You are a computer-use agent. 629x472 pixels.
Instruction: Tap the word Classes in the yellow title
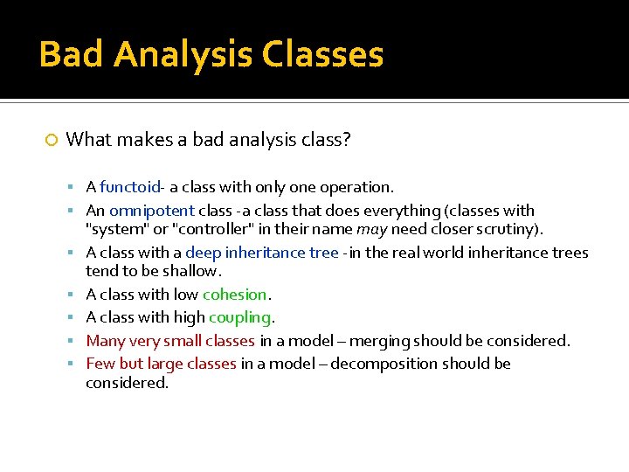322,54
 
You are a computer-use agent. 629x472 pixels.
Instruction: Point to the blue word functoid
129,187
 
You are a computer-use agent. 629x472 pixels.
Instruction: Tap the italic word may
371,230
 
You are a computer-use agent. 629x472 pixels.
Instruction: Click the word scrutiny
508,230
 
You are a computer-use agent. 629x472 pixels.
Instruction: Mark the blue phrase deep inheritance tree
261,253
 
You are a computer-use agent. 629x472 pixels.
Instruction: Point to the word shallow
182,272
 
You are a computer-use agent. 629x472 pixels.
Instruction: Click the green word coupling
240,317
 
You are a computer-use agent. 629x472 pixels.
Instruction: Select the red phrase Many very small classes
170,341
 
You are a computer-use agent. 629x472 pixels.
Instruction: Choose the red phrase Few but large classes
162,364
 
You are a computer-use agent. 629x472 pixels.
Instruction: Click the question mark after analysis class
346,140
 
